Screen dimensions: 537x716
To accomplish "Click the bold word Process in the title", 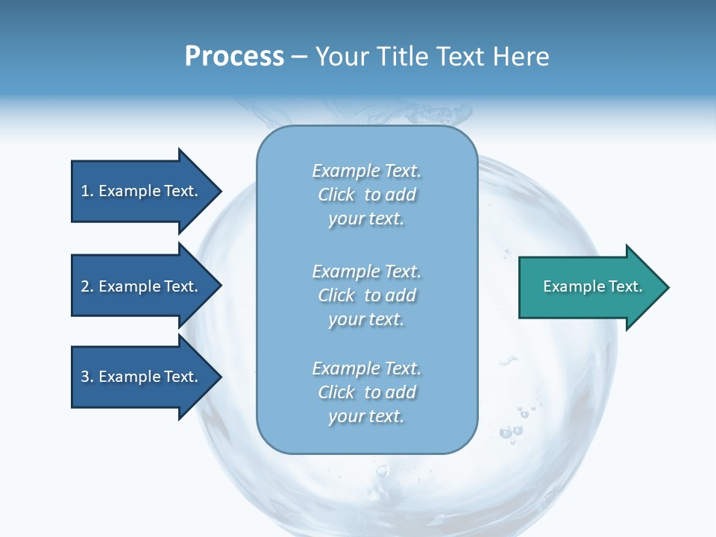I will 234,57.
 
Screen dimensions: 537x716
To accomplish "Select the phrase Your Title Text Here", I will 432,57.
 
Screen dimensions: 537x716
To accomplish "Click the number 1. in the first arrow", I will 87,191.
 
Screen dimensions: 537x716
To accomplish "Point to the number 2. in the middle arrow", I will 87,286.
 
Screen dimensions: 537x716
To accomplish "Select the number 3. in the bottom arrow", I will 87,377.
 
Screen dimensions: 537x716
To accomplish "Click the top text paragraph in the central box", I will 366,195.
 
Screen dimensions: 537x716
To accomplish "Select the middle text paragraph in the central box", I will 366,295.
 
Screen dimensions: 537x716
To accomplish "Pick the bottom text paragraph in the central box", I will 366,392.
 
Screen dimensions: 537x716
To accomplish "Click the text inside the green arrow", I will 592,286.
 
